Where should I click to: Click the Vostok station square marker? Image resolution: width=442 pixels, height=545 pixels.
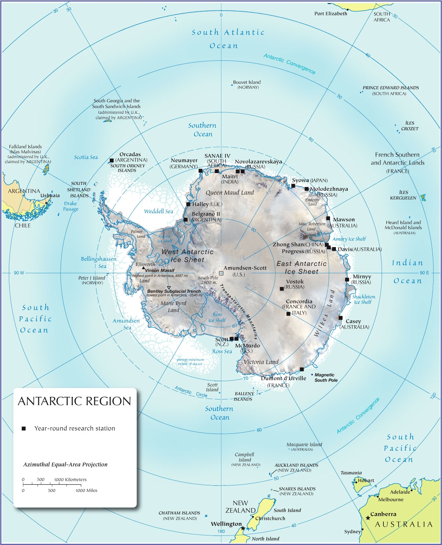[282, 289]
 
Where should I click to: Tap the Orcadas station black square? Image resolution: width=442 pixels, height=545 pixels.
[112, 160]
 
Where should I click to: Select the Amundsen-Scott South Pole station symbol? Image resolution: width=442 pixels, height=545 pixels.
[221, 273]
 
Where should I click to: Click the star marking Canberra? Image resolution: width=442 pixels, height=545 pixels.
[368, 518]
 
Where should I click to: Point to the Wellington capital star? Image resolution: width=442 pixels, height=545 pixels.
[243, 528]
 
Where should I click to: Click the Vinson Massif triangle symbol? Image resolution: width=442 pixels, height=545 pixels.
[143, 268]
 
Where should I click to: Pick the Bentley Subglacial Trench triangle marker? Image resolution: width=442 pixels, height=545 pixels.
[169, 288]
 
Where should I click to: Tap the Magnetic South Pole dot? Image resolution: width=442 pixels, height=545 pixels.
[312, 375]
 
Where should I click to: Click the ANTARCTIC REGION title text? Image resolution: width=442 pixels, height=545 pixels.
[74, 401]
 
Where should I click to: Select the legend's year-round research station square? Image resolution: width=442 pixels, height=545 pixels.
[24, 428]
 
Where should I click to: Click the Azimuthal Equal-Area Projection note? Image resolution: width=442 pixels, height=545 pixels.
[65, 464]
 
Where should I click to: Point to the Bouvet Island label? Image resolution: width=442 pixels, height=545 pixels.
[246, 82]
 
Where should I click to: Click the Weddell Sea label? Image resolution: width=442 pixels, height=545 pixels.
[158, 211]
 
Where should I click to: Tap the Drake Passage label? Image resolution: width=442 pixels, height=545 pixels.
[70, 206]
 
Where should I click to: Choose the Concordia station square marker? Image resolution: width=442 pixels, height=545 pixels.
[288, 314]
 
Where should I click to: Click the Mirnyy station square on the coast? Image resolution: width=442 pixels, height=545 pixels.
[347, 279]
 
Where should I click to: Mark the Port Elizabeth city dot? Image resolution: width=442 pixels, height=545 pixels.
[347, 9]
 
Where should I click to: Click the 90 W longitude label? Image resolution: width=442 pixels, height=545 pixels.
[19, 273]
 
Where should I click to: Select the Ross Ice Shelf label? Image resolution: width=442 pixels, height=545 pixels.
[217, 317]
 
